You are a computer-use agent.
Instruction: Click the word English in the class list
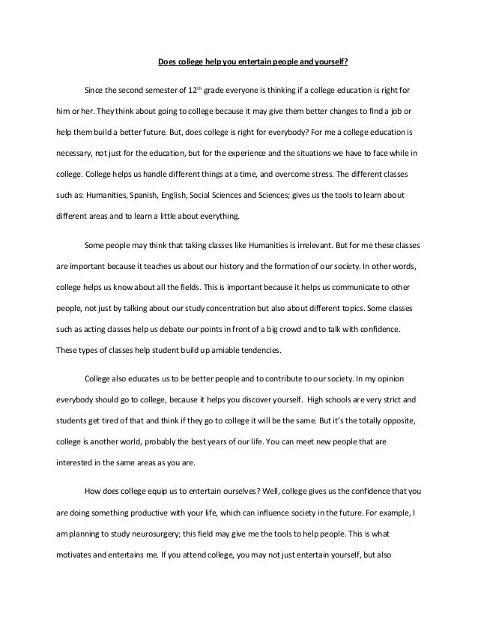coord(175,194)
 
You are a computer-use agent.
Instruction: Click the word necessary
coord(73,153)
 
